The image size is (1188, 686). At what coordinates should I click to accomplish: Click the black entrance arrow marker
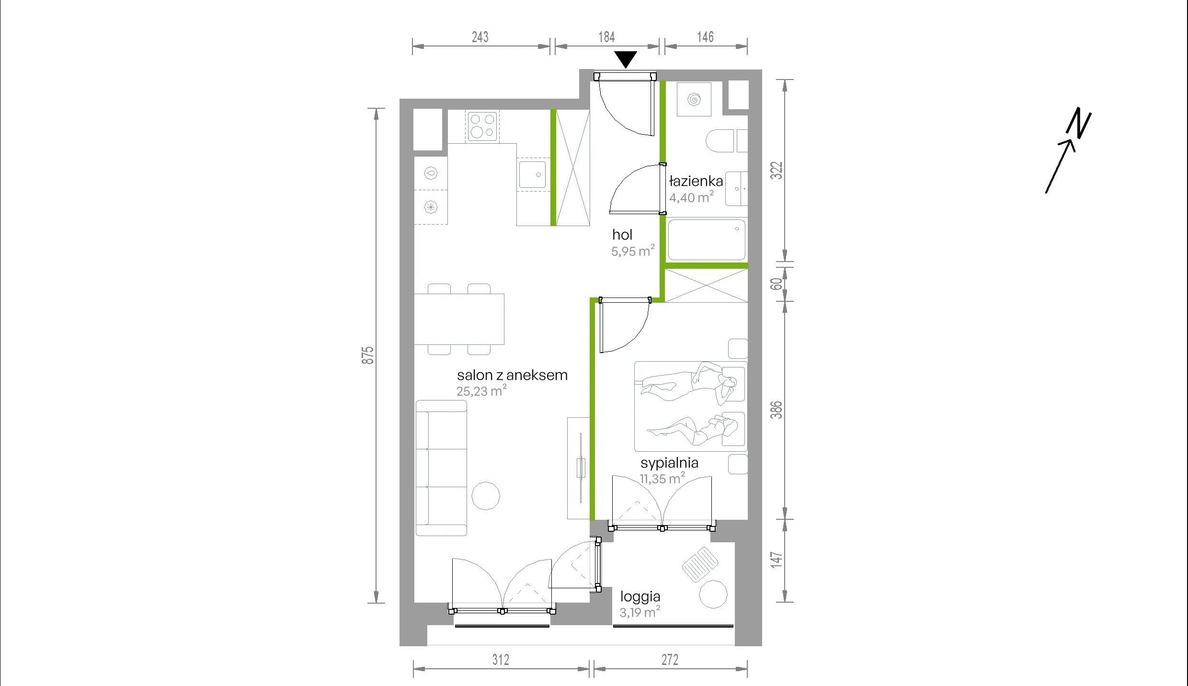coord(626,59)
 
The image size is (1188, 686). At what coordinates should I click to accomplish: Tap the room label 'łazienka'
coord(696,181)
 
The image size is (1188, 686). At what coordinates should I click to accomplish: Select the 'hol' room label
coord(622,235)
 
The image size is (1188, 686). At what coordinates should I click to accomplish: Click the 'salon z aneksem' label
coord(512,375)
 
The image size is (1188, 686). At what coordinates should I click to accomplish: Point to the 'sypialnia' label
coord(669,463)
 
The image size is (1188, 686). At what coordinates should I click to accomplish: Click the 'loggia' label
coord(640,597)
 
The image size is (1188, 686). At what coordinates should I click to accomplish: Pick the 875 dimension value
coord(367,355)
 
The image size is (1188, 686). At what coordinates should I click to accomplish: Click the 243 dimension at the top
coord(480,37)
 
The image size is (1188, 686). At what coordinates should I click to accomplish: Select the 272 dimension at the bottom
coord(670,660)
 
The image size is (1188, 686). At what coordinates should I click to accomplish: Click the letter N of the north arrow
coord(1078,123)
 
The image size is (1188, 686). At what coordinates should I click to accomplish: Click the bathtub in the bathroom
coord(707,240)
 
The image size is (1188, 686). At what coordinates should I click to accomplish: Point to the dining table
coord(459,319)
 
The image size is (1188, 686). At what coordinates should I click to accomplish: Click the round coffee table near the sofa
coord(486,496)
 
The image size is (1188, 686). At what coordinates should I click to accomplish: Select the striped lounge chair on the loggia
coord(700,565)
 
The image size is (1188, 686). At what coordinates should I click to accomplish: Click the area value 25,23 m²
coord(481,391)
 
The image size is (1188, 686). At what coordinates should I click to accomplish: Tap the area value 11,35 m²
coord(663,479)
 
